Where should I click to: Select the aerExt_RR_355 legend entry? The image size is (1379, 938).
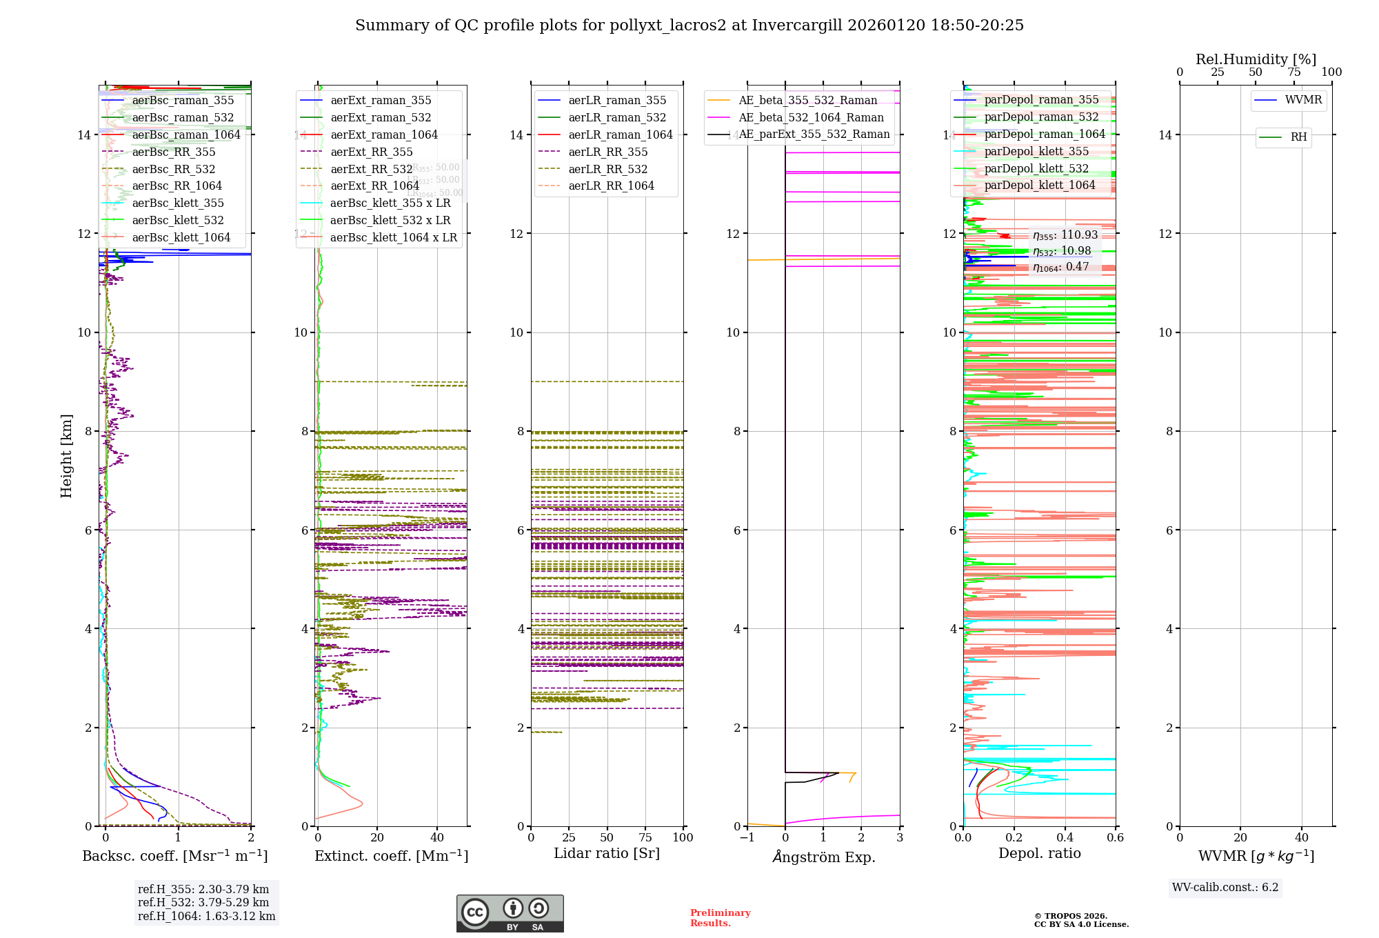pyautogui.click(x=372, y=152)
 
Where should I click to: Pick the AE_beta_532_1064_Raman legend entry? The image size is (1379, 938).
pyautogui.click(x=811, y=117)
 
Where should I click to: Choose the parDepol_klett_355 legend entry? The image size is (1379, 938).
pyautogui.click(x=1036, y=151)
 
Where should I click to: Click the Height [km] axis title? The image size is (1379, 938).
pyautogui.click(x=66, y=455)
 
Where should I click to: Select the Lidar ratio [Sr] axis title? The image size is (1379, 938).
pyautogui.click(x=607, y=853)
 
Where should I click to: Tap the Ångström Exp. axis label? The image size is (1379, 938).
pyautogui.click(x=823, y=857)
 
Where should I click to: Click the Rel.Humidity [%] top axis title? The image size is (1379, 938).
pyautogui.click(x=1256, y=59)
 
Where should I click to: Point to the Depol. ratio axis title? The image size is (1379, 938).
pyautogui.click(x=1039, y=853)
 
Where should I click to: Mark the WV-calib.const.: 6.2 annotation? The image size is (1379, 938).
pyautogui.click(x=1225, y=887)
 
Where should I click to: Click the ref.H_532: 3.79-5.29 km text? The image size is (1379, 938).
pyautogui.click(x=203, y=902)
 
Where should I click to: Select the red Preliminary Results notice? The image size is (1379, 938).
pyautogui.click(x=720, y=917)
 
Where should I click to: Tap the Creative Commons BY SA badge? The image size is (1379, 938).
pyautogui.click(x=510, y=913)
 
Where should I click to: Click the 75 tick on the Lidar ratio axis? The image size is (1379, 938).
pyautogui.click(x=645, y=837)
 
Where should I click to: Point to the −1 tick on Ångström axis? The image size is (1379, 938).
pyautogui.click(x=747, y=837)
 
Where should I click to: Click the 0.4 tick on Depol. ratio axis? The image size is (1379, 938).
pyautogui.click(x=1065, y=837)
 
